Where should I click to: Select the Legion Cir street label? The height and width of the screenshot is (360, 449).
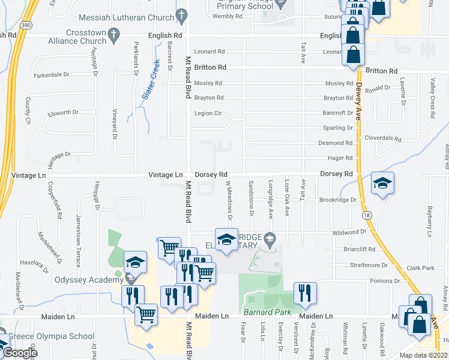208,113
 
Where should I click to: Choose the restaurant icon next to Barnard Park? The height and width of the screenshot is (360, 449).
305,293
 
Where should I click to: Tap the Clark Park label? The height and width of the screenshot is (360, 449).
420,268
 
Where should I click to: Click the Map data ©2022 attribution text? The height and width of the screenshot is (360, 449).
423,355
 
